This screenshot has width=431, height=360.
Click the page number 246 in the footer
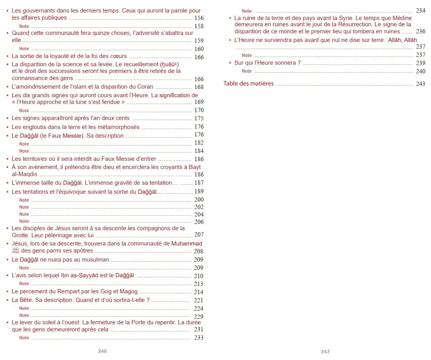tap(102, 351)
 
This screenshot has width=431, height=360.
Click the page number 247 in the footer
tap(325, 351)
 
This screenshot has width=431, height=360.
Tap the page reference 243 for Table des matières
tap(420, 84)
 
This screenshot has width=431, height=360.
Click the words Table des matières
tap(248, 84)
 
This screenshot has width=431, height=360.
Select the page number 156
tap(199, 18)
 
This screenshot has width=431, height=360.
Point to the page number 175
tap(199, 118)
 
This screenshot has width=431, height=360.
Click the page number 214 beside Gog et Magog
tap(199, 292)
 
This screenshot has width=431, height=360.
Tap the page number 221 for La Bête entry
tap(199, 300)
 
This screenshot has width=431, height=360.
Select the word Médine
tap(402, 18)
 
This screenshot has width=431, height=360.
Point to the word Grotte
tap(21, 235)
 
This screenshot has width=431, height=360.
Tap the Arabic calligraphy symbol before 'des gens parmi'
tap(16, 251)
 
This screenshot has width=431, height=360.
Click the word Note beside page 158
tap(24, 26)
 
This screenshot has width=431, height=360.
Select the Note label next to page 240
tap(247, 71)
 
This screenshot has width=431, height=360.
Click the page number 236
tap(420, 31)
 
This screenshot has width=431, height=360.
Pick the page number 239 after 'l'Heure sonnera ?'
tap(420, 63)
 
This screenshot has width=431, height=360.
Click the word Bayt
tap(195, 167)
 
